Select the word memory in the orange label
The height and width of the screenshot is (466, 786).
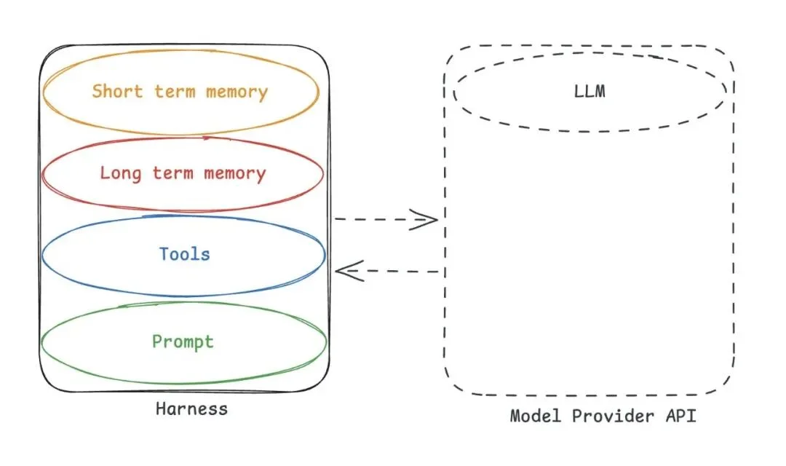pyautogui.click(x=237, y=92)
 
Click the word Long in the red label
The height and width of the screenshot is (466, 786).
pyautogui.click(x=121, y=173)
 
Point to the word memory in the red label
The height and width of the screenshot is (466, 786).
pyautogui.click(x=234, y=173)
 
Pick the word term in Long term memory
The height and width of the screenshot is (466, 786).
pyautogui.click(x=173, y=173)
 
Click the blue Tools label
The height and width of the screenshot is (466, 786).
pyautogui.click(x=184, y=254)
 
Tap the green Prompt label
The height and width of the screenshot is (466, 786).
pyautogui.click(x=183, y=341)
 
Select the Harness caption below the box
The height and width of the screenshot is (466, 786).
pyautogui.click(x=191, y=408)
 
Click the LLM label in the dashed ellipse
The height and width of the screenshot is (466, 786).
pyautogui.click(x=589, y=92)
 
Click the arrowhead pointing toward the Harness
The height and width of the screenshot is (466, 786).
pyautogui.click(x=345, y=272)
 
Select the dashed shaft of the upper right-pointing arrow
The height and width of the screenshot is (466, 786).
pyautogui.click(x=375, y=219)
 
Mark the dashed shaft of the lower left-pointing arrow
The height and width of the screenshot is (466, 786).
pyautogui.click(x=400, y=272)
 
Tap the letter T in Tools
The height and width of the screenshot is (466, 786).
pyautogui.click(x=164, y=254)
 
